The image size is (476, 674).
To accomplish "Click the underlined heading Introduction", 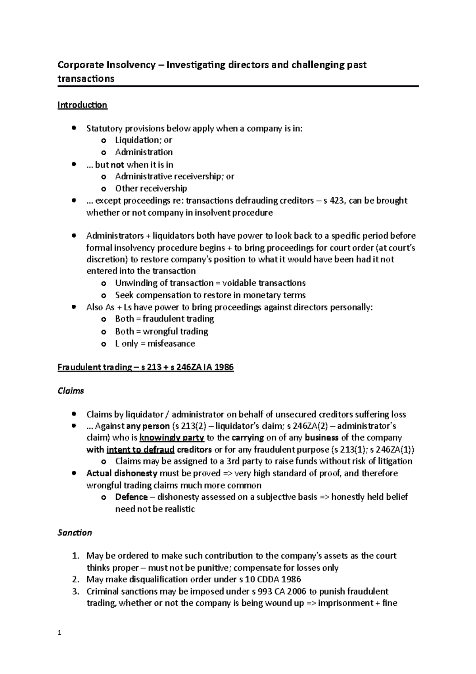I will [x=82, y=105].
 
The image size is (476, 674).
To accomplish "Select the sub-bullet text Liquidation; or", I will [x=143, y=140].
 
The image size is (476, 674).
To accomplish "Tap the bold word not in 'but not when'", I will [x=117, y=164].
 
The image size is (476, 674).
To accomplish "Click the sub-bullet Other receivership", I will [x=151, y=188].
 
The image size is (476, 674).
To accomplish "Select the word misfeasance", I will [x=171, y=343].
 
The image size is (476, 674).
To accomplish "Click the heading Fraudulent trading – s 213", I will [x=146, y=367].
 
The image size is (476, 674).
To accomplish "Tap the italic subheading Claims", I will [x=71, y=391].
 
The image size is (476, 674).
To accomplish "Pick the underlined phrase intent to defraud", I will [x=140, y=450].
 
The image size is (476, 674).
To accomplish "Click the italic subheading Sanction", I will [x=75, y=533].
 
